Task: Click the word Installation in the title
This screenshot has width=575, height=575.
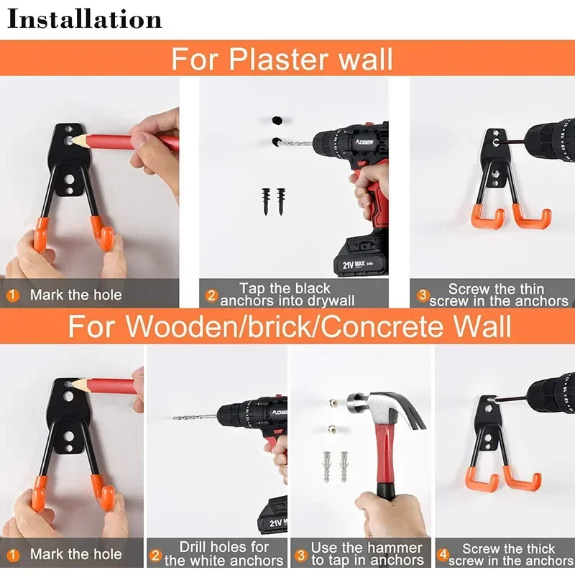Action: pyautogui.click(x=84, y=19)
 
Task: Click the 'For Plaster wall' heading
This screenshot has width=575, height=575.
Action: pyautogui.click(x=282, y=58)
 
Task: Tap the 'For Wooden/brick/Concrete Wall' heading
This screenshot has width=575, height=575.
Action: pyautogui.click(x=290, y=326)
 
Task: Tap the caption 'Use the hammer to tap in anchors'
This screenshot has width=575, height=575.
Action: pyautogui.click(x=367, y=554)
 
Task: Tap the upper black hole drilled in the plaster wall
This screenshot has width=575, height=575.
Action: pyautogui.click(x=276, y=119)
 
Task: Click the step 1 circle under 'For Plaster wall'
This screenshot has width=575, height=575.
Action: pyautogui.click(x=13, y=295)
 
